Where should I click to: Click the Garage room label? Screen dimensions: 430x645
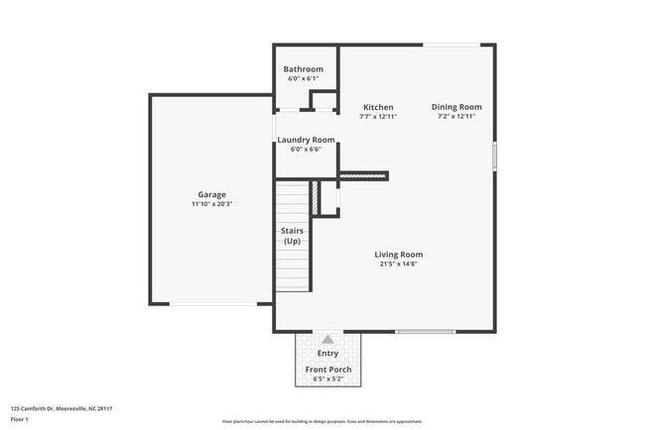211,194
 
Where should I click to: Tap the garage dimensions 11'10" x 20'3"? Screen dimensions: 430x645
211,204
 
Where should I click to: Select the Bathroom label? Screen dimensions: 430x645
303,69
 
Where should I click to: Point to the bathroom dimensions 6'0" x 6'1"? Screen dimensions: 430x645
303,78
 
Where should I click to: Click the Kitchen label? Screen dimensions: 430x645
377,107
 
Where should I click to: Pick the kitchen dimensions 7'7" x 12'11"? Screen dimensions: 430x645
377,117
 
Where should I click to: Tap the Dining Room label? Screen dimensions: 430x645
456,107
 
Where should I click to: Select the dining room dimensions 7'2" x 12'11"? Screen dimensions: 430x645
456,117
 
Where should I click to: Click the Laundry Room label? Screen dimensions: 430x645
306,140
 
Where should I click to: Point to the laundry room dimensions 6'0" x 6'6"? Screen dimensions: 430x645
306,150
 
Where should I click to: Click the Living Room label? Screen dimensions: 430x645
398,254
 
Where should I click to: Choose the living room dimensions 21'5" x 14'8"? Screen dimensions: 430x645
398,264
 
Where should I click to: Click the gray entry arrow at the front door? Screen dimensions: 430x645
327,339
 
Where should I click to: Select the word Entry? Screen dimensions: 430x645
327,353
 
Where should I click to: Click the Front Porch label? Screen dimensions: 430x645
327,370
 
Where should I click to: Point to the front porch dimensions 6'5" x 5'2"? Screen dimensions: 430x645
327,378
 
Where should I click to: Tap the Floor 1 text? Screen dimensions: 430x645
21,420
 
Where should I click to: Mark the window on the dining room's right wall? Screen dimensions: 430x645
494,157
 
